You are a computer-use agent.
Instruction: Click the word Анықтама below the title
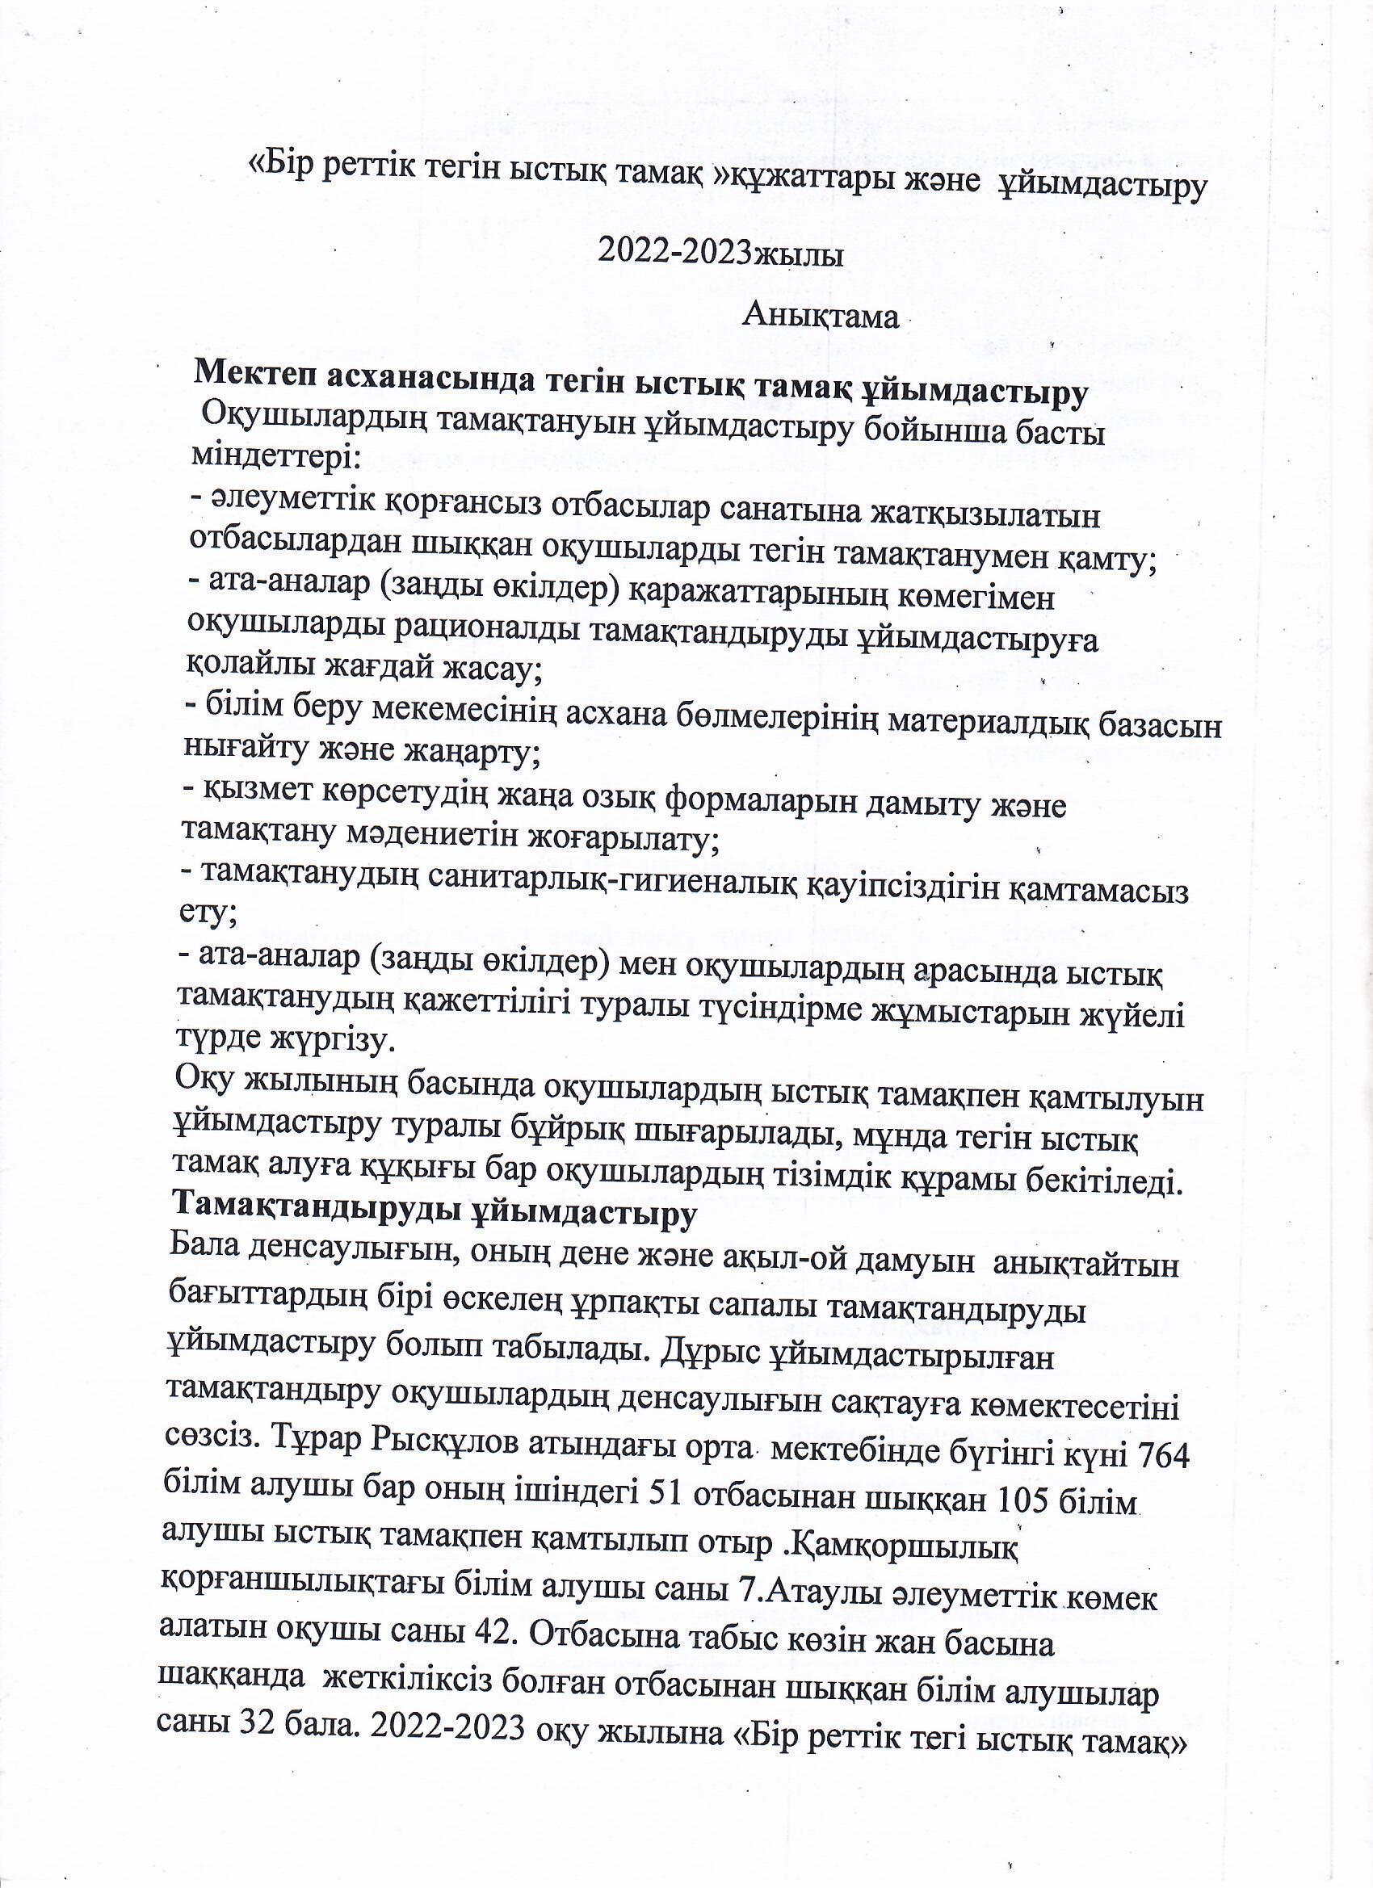tap(821, 317)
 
